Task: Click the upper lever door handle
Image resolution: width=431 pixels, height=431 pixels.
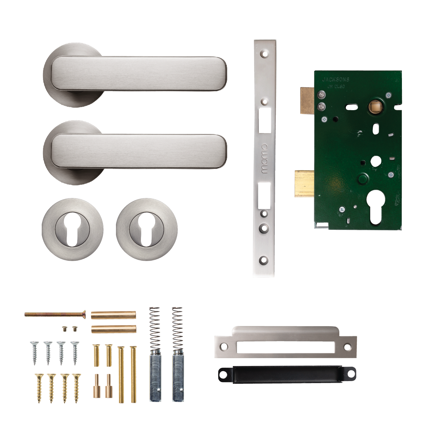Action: [x=137, y=74]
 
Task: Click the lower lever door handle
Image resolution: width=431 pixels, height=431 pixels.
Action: [x=137, y=151]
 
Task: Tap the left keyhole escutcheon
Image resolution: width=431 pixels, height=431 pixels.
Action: [x=73, y=229]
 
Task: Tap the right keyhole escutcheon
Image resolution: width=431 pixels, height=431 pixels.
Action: [x=147, y=229]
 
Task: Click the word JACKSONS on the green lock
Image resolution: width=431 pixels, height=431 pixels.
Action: [x=336, y=79]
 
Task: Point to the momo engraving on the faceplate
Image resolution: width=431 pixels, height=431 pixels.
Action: [x=264, y=158]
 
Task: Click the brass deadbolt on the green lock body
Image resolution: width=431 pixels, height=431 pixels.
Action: [x=304, y=184]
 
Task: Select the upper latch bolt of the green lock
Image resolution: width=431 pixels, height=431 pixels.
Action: [x=307, y=101]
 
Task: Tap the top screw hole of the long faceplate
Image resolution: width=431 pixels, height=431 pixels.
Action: [x=264, y=54]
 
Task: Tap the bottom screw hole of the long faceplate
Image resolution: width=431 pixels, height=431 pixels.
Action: [x=263, y=260]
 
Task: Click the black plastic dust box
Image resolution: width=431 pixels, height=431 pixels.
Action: [x=287, y=374]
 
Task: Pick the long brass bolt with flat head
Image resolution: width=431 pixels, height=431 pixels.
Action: [x=55, y=314]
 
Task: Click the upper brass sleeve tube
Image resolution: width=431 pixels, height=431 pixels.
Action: [x=114, y=315]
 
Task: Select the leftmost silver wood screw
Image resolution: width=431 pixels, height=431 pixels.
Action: [x=35, y=352]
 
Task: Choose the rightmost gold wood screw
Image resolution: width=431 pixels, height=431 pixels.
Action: [x=76, y=388]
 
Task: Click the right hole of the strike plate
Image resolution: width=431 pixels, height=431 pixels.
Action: [x=347, y=347]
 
